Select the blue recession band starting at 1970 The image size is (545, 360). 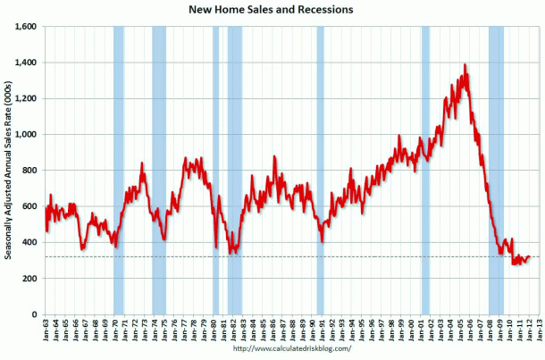coord(119,170)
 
